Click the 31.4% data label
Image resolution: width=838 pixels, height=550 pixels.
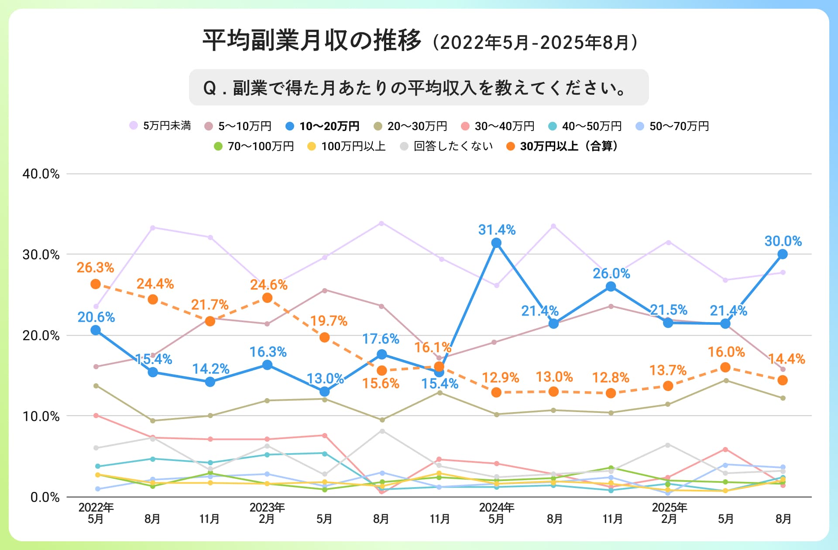coord(497,230)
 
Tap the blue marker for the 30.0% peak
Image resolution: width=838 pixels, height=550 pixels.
coord(783,254)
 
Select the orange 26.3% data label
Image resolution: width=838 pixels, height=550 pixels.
coord(95,268)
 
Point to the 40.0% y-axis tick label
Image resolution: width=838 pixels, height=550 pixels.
coord(41,174)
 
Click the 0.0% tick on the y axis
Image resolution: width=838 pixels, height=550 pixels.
coord(45,497)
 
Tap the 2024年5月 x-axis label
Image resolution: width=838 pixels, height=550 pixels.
coord(497,513)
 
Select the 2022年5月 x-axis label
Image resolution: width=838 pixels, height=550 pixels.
coord(96,513)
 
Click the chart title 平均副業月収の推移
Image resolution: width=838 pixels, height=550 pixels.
coord(312,41)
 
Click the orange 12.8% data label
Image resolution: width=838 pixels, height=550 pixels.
coord(610,378)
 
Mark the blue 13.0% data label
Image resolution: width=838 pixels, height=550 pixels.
coord(325,378)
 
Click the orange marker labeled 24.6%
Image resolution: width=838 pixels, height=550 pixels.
coord(267,298)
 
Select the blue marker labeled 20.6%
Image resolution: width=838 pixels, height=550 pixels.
coord(96,330)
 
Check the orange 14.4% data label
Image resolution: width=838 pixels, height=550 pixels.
coord(786,359)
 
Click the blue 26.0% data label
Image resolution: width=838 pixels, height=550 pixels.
coord(611,274)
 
